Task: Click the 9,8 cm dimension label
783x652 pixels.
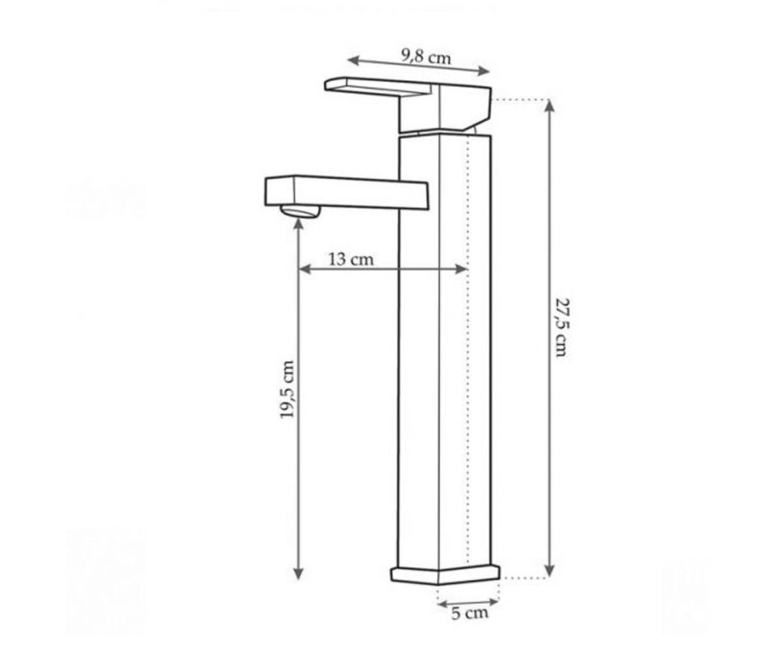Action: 426,57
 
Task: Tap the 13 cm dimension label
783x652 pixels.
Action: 351,259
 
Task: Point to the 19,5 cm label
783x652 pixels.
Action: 288,389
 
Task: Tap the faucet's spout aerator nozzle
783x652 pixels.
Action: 300,212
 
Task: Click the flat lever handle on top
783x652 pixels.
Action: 378,86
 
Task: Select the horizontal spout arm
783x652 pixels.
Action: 346,192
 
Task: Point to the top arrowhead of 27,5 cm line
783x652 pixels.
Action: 549,106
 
